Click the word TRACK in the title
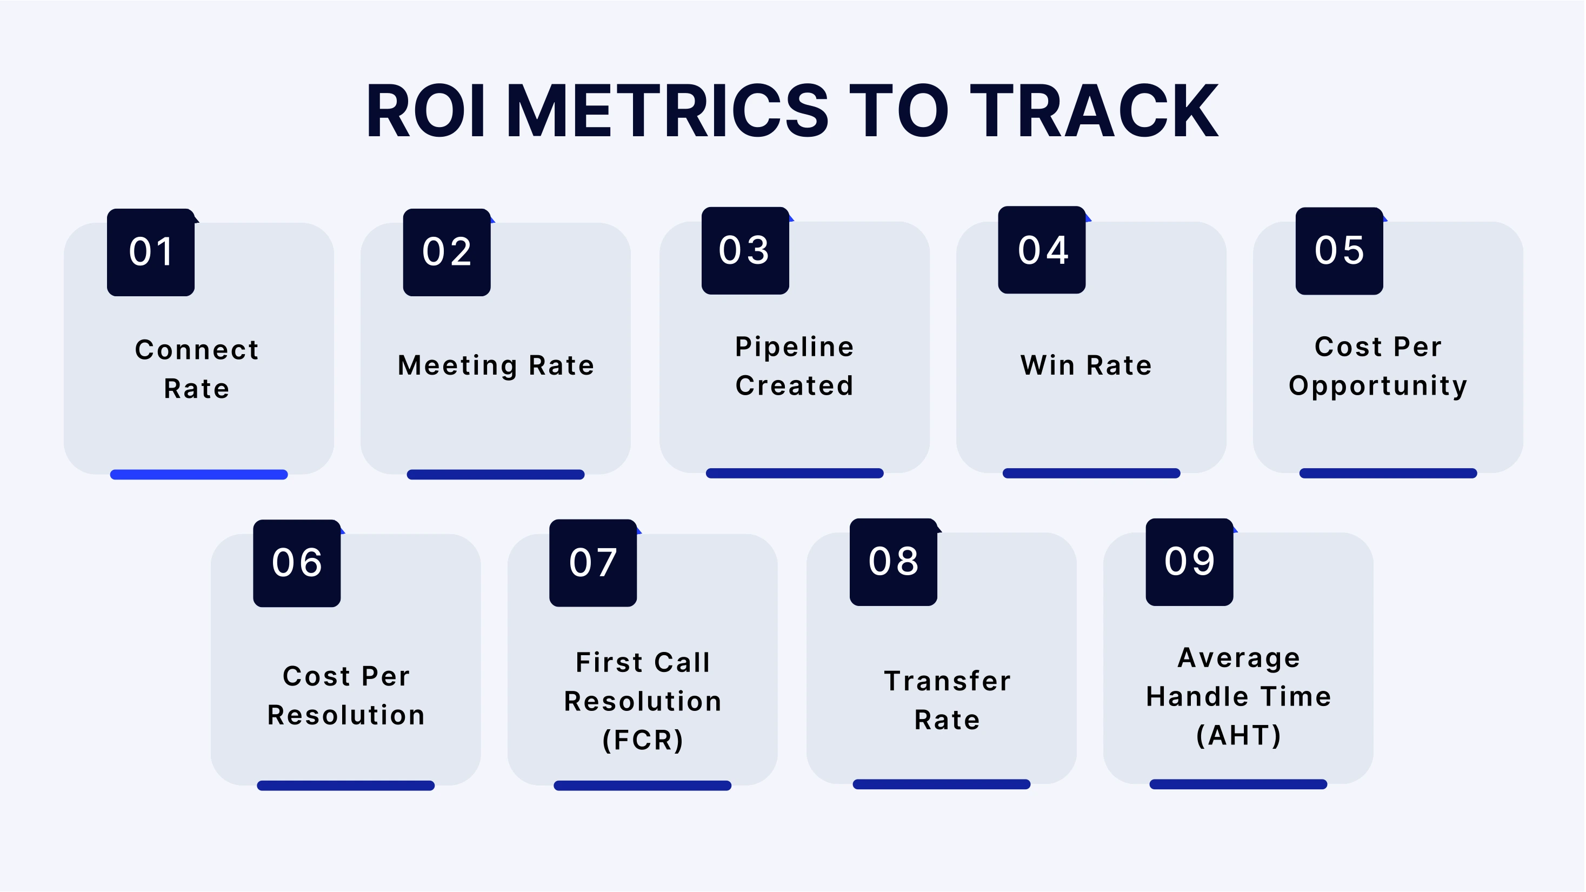[x=1094, y=111]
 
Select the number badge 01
[x=151, y=252]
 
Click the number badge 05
[x=1339, y=251]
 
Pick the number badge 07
[x=593, y=563]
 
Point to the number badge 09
[x=1189, y=562]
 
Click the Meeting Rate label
[x=496, y=365]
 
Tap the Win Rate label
[x=1086, y=365]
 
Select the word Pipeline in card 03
[x=794, y=347]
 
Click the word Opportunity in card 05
[x=1378, y=386]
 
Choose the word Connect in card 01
[x=197, y=350]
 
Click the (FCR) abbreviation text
[x=643, y=740]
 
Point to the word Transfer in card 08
[x=948, y=681]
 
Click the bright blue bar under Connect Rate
[x=199, y=475]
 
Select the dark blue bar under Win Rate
[x=1091, y=474]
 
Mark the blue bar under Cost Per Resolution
[x=345, y=786]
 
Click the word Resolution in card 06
[x=346, y=715]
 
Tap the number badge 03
[x=745, y=250]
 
